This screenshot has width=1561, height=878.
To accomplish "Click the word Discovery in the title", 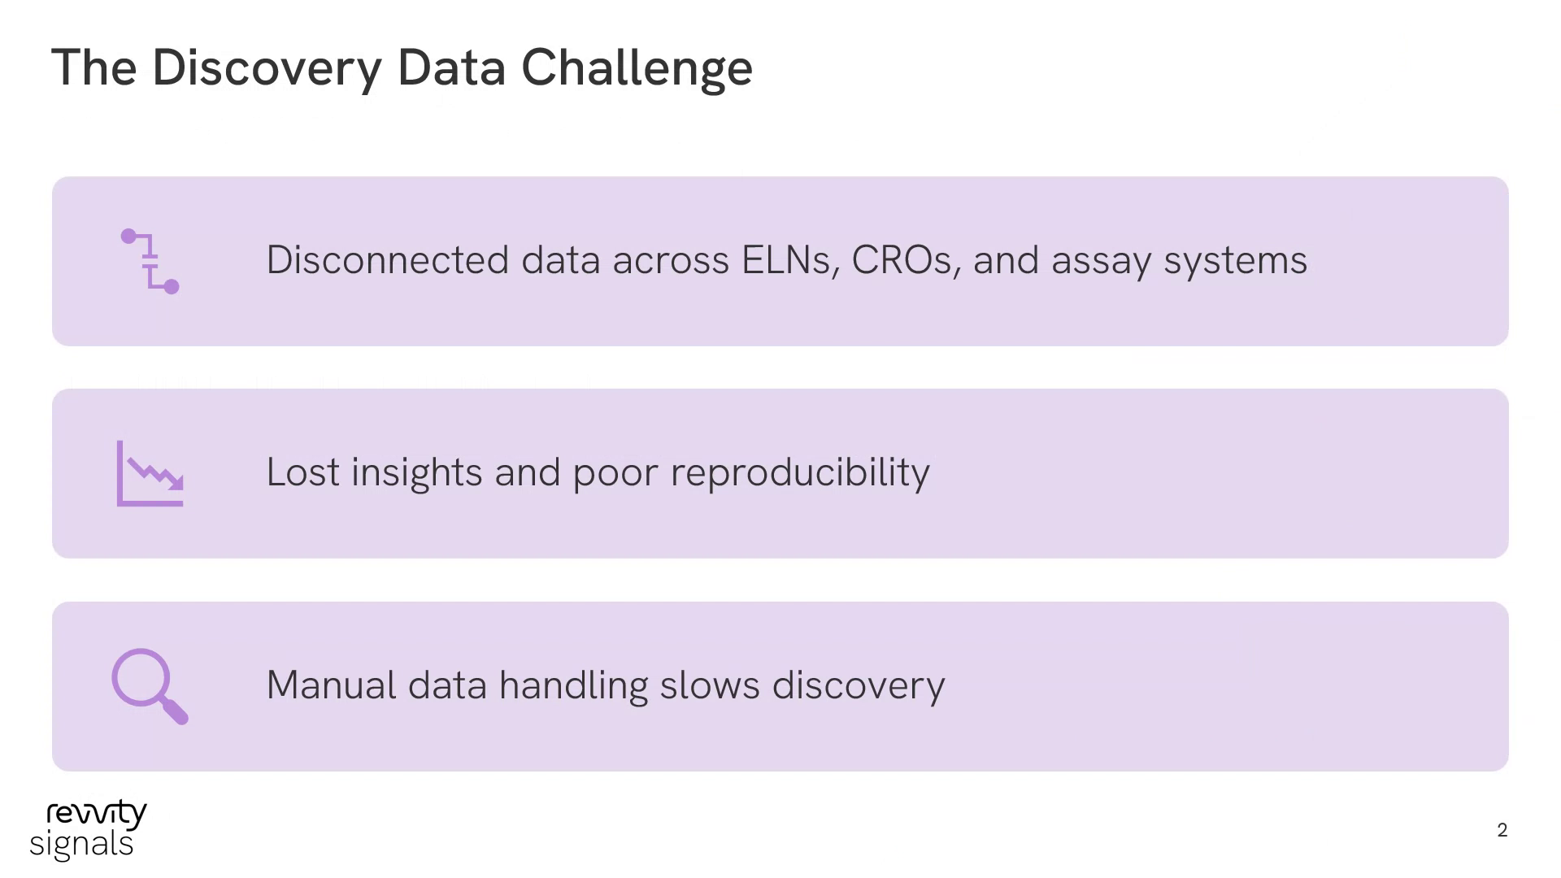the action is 267,68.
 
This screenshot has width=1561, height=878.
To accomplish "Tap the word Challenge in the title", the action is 637,68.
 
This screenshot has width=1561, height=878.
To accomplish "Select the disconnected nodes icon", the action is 150,261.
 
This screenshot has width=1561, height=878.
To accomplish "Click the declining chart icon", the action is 150,473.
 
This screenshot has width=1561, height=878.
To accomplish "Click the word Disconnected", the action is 388,260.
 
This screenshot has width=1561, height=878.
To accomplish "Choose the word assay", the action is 1102,263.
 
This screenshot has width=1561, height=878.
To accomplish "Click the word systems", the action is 1236,263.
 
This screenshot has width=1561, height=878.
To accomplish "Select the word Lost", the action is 302,472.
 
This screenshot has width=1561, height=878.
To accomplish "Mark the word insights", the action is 417,474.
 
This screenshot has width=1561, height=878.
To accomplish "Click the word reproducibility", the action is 800,474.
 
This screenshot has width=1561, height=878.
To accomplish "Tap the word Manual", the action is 331,685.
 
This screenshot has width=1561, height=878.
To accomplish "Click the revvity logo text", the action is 97,814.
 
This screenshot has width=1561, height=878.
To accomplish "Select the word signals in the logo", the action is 81,845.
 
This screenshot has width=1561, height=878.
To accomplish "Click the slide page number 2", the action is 1502,830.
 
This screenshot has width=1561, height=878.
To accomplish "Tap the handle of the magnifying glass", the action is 175,711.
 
